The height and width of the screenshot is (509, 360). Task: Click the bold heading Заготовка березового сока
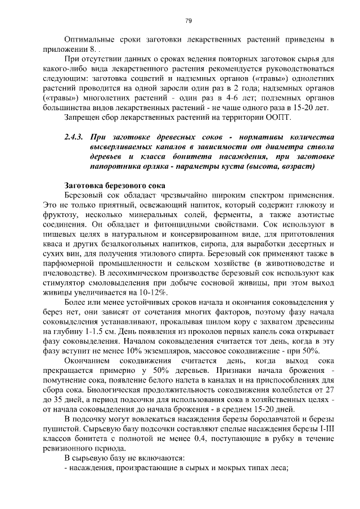(x=115, y=185)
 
